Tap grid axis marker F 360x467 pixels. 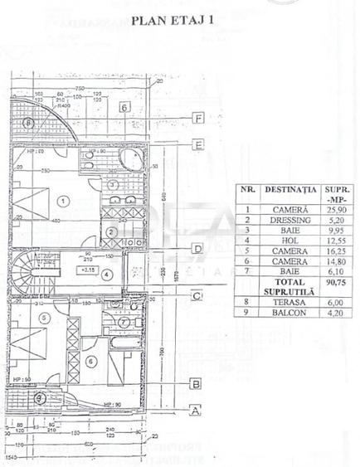pos(197,119)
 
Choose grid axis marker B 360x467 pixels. pos(196,384)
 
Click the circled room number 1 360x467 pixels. pos(63,200)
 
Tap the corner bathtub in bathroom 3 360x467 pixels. pos(131,160)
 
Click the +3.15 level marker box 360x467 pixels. pos(86,270)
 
